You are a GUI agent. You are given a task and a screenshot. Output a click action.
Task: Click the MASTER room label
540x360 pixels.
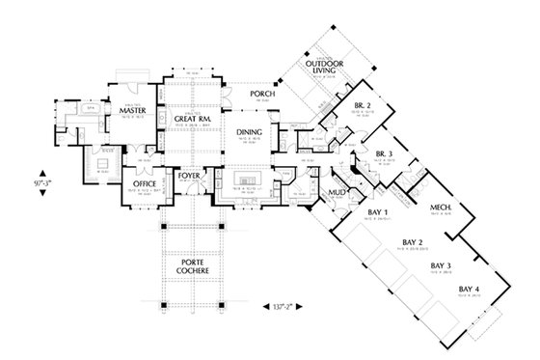tap(132, 111)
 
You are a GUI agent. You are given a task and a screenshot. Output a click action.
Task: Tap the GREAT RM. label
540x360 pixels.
tap(193, 118)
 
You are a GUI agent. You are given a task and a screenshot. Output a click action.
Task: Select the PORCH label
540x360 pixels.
tap(263, 95)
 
